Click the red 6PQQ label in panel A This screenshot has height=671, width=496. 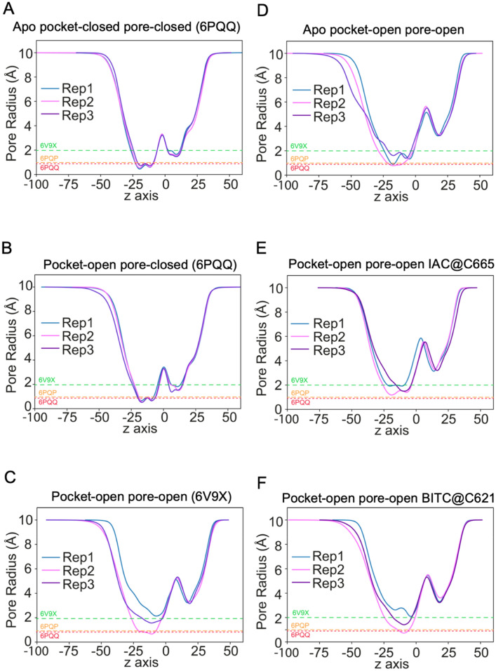tap(48, 168)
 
